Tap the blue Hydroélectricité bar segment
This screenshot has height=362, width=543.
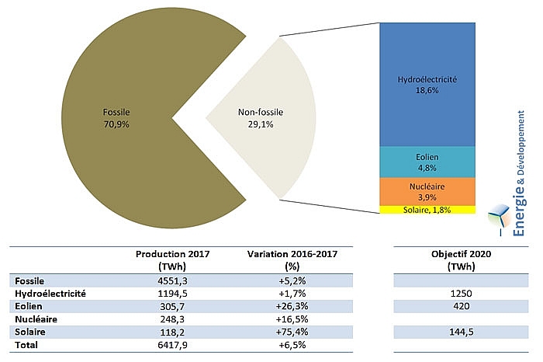(x=427, y=85)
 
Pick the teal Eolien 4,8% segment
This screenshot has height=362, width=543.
(x=427, y=162)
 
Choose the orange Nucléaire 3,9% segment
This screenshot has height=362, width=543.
(x=427, y=191)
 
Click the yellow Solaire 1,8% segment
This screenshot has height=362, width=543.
(x=427, y=210)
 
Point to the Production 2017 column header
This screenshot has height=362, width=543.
(x=173, y=259)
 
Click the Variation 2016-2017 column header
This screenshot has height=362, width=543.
(x=292, y=259)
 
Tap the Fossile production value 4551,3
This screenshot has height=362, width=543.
(x=173, y=280)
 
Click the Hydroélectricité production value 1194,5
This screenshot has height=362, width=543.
(x=173, y=294)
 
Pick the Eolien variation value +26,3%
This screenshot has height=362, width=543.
(x=292, y=306)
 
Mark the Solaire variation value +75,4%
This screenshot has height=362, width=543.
(x=292, y=332)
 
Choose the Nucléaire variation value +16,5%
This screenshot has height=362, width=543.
(x=292, y=319)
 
